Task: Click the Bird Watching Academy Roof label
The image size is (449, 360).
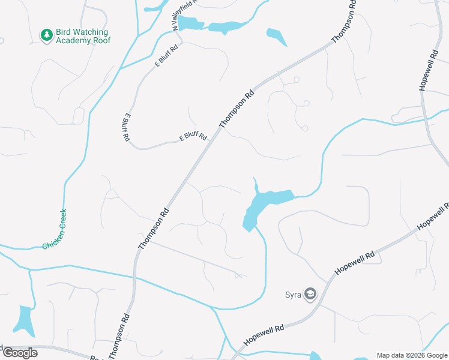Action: (x=82, y=36)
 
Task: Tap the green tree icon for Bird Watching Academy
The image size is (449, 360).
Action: (x=46, y=35)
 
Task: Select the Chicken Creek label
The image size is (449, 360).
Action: (x=55, y=229)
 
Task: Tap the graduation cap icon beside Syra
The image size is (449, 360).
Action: (x=310, y=295)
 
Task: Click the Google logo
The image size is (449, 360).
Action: (x=19, y=352)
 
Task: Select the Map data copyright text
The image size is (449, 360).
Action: (x=412, y=355)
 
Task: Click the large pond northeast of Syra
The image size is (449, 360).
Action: (x=265, y=204)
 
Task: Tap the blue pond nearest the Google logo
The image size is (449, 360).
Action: (x=24, y=320)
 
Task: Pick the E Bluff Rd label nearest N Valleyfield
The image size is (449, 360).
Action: (x=166, y=56)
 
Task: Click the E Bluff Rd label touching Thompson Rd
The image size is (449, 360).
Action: (x=193, y=137)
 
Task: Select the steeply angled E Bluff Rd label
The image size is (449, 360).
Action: (x=127, y=127)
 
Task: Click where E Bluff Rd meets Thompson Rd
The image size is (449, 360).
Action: (x=214, y=133)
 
